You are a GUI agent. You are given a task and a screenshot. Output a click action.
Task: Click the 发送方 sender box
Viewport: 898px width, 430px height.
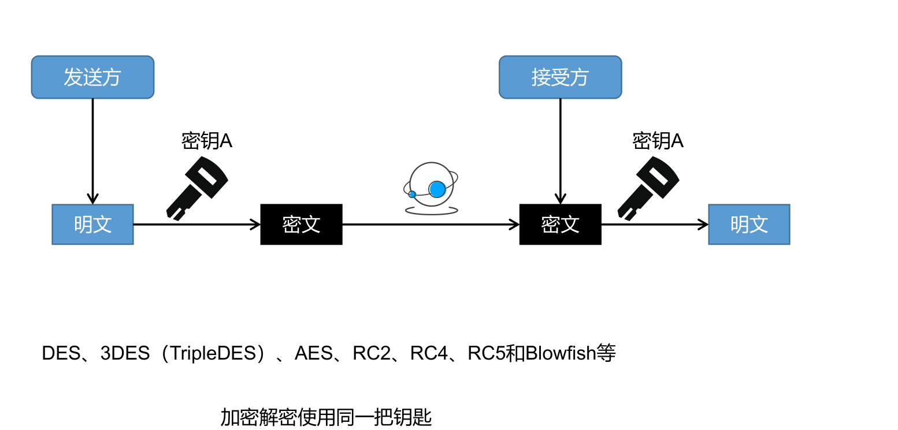[92, 77]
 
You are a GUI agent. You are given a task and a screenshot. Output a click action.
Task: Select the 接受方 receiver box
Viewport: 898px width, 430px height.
[560, 77]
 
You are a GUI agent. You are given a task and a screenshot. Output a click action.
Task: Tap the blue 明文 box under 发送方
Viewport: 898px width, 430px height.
[92, 225]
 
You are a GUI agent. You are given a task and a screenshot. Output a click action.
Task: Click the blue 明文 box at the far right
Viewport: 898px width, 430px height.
[749, 225]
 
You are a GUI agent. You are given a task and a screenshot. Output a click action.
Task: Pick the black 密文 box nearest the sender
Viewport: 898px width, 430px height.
[301, 225]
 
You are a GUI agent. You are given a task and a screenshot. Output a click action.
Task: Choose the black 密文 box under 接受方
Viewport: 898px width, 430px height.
[560, 225]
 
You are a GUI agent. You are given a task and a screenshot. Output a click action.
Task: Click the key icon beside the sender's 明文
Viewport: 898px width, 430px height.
[196, 187]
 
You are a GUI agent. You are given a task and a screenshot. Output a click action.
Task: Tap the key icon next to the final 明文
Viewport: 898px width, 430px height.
[648, 187]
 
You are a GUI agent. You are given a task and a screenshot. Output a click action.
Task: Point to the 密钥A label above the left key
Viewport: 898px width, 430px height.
[206, 141]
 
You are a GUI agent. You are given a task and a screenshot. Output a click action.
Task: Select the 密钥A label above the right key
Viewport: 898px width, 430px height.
[658, 141]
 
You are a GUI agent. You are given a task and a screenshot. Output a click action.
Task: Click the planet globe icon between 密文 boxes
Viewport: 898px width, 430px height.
[431, 188]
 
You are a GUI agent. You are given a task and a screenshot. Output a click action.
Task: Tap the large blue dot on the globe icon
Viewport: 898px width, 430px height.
[437, 189]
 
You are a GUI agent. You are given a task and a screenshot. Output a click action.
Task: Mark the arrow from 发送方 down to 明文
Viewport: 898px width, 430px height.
[92, 150]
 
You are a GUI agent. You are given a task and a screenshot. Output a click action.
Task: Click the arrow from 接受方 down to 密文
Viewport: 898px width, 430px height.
[560, 150]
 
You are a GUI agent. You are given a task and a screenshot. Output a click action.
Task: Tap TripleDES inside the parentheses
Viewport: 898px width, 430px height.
[213, 353]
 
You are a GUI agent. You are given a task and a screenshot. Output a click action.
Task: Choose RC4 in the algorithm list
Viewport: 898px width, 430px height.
[429, 353]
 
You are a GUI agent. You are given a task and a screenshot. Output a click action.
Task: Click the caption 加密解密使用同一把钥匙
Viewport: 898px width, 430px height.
[326, 417]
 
